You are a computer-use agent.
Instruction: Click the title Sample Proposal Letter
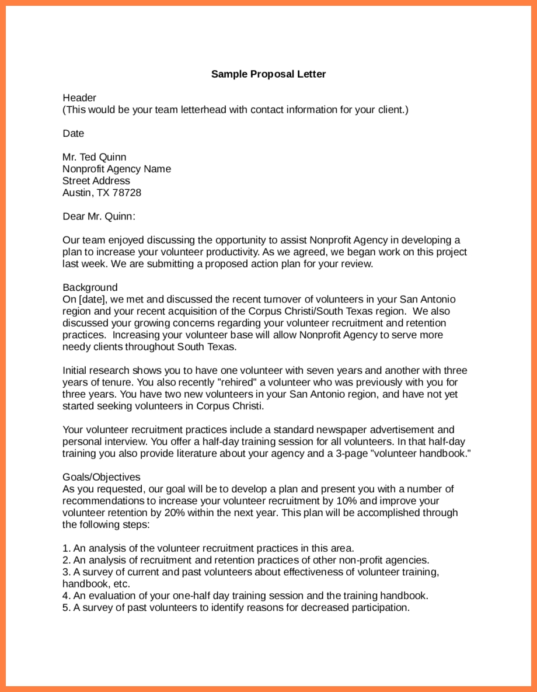pos(268,74)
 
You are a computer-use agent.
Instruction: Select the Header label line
pos(79,98)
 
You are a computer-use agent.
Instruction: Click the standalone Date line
pos(73,133)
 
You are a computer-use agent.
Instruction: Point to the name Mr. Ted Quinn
pos(94,157)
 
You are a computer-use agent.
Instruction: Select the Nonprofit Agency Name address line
pos(117,169)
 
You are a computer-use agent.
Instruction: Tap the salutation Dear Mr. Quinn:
pos(99,217)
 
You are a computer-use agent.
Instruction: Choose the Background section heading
pos(90,287)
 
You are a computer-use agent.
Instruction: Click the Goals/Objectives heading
pos(101,477)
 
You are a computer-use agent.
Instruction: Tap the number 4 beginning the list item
pos(65,596)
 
